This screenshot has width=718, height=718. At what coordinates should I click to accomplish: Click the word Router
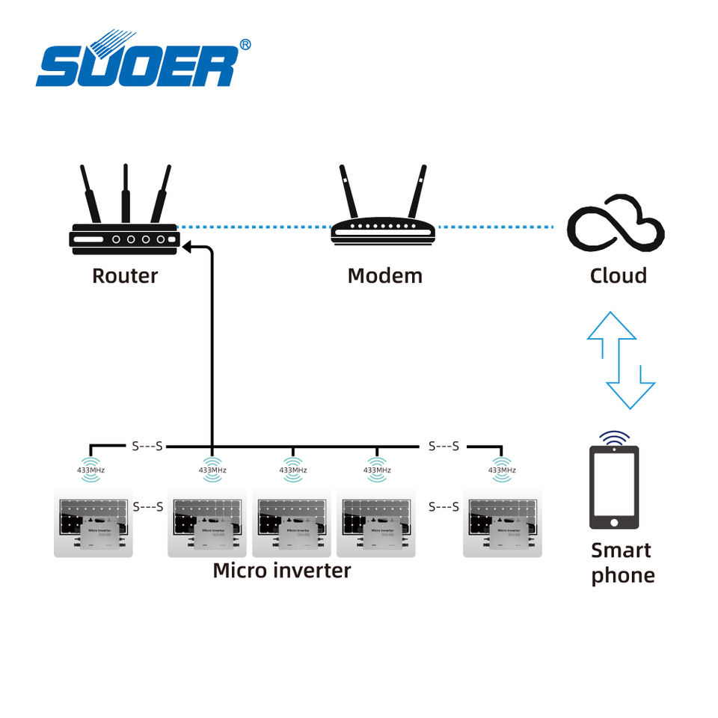click(x=125, y=275)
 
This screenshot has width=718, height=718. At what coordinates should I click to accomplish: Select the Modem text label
click(x=384, y=275)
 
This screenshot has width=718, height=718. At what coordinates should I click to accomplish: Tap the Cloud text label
click(x=618, y=275)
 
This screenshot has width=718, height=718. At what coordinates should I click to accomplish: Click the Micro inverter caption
click(x=281, y=570)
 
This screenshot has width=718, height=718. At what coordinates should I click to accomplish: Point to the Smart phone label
click(x=622, y=562)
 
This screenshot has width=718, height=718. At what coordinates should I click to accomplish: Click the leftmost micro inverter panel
click(x=93, y=523)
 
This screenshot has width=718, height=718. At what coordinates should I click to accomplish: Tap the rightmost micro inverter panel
click(x=502, y=523)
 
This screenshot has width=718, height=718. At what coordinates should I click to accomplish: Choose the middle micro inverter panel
click(x=292, y=523)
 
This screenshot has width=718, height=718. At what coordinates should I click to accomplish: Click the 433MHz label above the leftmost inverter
click(x=90, y=470)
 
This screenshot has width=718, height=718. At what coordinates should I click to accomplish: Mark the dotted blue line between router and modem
click(x=254, y=227)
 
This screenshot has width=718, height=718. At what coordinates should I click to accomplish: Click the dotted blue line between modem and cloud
click(x=495, y=227)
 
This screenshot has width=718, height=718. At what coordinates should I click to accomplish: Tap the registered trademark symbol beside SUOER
click(x=244, y=45)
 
